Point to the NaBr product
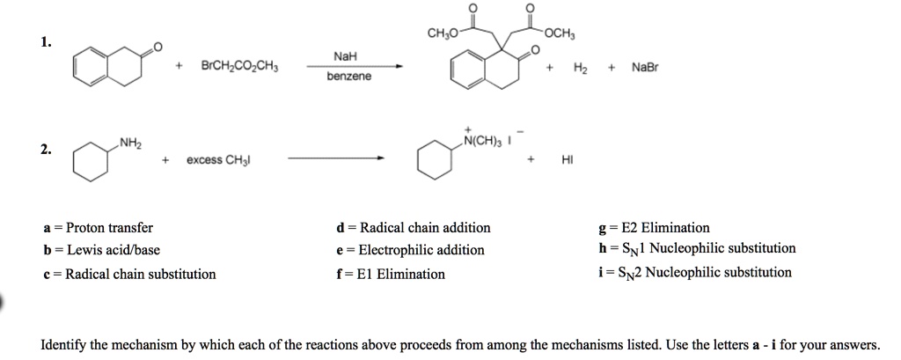[646, 66]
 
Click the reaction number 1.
[45, 41]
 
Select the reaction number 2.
[45, 149]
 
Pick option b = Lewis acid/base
[100, 250]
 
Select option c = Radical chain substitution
[128, 274]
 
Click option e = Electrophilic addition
[410, 250]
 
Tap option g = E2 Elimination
[653, 227]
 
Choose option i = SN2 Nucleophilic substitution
[694, 273]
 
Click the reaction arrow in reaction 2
[336, 159]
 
